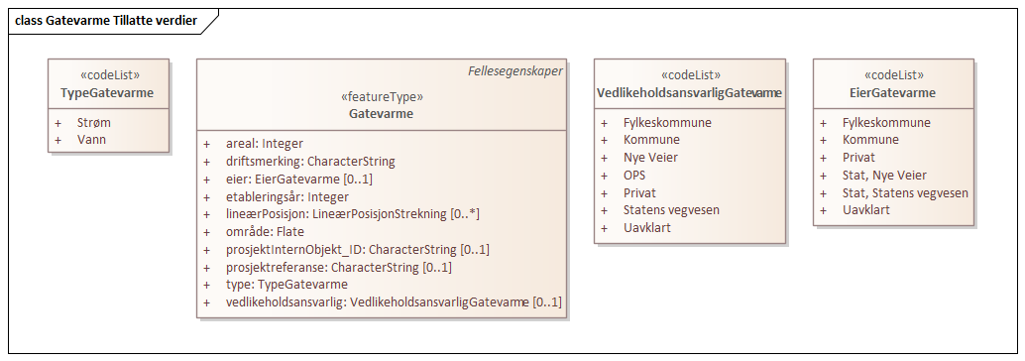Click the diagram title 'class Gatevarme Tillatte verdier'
(x=105, y=20)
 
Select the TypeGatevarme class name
(x=108, y=93)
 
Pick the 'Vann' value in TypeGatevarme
(x=92, y=140)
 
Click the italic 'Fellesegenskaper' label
(x=515, y=71)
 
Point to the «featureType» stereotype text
(x=382, y=97)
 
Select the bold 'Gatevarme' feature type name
(x=382, y=114)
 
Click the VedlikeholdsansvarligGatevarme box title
(x=690, y=93)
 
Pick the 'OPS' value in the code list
(x=635, y=176)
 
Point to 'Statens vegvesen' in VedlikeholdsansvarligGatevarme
(x=671, y=210)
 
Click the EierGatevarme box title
(x=893, y=93)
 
